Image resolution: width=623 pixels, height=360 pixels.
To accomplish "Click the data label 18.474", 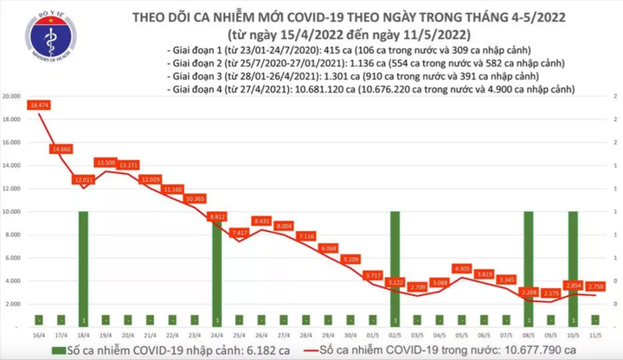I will (38, 105).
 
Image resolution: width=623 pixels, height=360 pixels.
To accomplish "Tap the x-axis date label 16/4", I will (39, 333).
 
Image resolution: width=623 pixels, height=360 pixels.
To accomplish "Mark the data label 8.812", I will (217, 216).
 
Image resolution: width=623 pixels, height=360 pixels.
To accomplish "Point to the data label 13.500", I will (106, 162).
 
